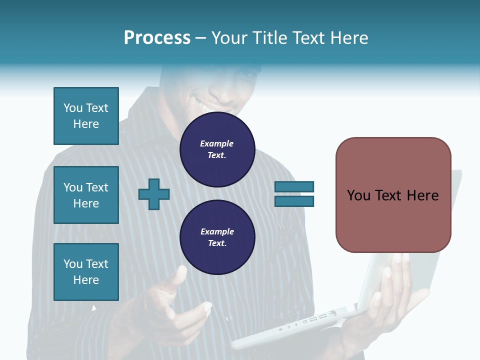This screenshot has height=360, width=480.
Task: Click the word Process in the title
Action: (157, 38)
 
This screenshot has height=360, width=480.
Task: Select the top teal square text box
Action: (86, 116)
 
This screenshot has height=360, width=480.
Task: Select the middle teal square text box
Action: (86, 195)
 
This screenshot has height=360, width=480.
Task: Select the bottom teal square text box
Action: (86, 272)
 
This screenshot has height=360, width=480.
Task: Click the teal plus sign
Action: (154, 193)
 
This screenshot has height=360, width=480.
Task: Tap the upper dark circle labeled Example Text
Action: (217, 149)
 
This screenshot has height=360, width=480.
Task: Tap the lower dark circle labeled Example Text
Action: (217, 237)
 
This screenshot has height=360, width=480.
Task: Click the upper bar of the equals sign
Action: (294, 186)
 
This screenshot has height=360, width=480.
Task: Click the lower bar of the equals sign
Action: (294, 201)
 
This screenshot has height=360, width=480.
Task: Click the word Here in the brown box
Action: (422, 195)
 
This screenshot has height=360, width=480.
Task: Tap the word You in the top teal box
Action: (73, 108)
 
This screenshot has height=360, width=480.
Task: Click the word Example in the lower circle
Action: (217, 231)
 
